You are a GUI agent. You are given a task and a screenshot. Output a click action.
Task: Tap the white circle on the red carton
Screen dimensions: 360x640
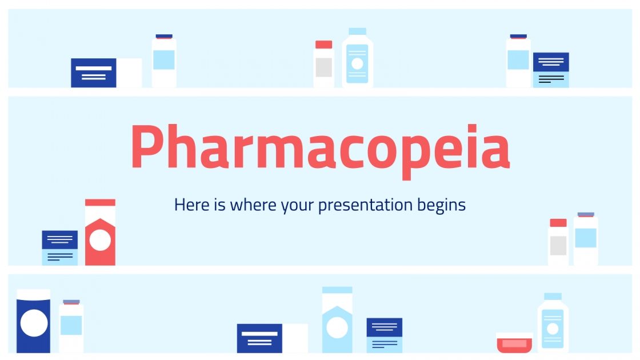click(100, 240)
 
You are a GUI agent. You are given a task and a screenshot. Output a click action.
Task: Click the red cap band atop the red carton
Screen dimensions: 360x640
click(100, 202)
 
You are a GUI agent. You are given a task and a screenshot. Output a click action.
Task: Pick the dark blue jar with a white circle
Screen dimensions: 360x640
click(34, 323)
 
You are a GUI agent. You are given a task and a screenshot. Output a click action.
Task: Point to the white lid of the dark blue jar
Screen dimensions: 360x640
click(34, 294)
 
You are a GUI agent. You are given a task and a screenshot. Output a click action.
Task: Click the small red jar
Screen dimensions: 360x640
click(514, 343)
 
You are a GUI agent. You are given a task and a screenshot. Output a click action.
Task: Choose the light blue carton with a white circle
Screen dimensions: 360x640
click(337, 323)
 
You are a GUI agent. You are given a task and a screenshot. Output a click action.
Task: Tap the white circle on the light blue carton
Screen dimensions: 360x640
click(337, 328)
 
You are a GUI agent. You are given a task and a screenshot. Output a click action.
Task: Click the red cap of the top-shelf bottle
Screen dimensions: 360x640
click(323, 45)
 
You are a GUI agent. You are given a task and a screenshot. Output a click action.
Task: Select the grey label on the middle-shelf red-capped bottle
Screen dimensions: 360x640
click(558, 245)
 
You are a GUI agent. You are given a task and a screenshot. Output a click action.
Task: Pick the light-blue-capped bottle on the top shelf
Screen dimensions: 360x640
click(357, 59)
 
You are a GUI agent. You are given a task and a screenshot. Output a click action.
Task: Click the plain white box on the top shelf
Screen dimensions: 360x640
click(129, 73)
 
